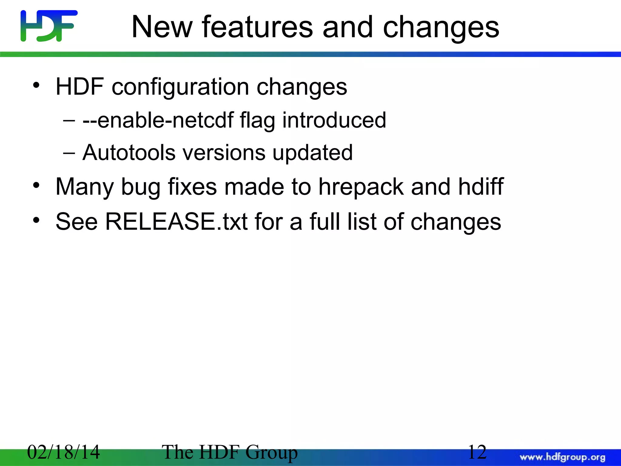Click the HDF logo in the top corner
(49, 26)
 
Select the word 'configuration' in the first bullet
(180, 87)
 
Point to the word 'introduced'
(334, 120)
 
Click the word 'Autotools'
(129, 152)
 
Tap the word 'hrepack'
(361, 187)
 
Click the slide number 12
(477, 452)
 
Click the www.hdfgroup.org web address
(562, 457)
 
